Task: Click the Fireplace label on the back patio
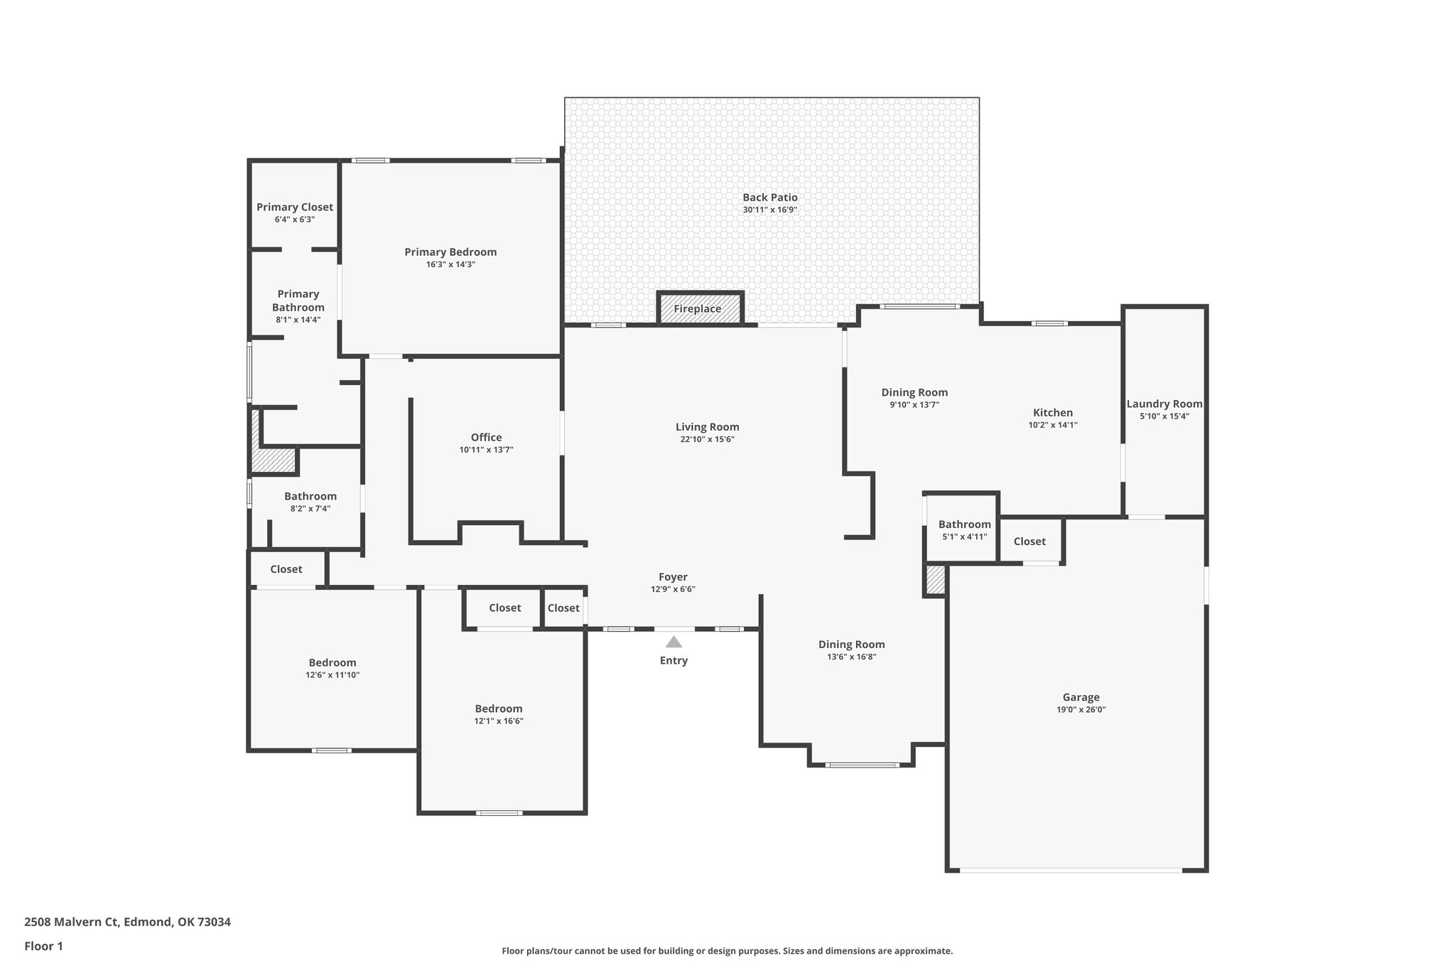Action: tap(698, 309)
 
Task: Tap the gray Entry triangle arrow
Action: tap(674, 642)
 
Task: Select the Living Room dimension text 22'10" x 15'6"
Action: tap(707, 440)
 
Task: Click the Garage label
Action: tap(1081, 698)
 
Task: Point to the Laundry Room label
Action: tap(1164, 404)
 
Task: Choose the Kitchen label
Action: tap(1052, 413)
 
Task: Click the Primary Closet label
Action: tap(294, 208)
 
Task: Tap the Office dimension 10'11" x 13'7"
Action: tap(486, 450)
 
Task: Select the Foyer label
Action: tap(673, 577)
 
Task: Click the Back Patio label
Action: tap(770, 198)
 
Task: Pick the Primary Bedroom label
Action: tap(450, 252)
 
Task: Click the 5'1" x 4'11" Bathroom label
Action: tap(964, 524)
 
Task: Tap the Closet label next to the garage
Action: tap(1029, 541)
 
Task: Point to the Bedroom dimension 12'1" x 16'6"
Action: tap(499, 721)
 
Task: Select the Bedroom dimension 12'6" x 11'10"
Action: tap(332, 675)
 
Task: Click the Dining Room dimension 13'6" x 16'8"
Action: tap(851, 657)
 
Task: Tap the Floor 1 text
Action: tap(43, 947)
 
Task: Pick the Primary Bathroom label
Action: tap(298, 301)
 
